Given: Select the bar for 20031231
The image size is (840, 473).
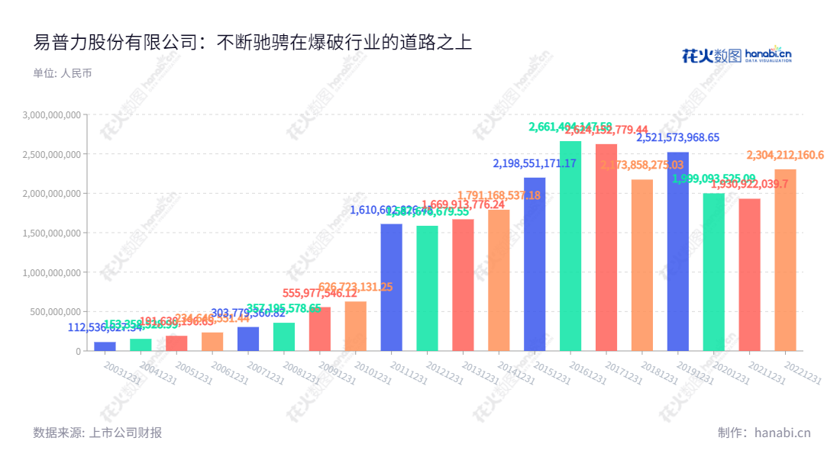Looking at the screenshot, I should tap(105, 346).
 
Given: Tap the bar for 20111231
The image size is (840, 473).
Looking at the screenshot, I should tap(392, 287).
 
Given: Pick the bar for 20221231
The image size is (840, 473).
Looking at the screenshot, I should tap(785, 260).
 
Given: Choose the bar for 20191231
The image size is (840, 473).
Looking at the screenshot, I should tap(678, 251).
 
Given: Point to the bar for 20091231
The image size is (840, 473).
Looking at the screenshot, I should tap(320, 329).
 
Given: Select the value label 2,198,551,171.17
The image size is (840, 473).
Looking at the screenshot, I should tap(535, 163).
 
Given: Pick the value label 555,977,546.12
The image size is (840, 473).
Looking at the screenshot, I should tap(320, 293).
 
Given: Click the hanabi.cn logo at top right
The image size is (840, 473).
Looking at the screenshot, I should tap(736, 54).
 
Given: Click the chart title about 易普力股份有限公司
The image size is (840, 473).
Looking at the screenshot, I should tap(253, 42).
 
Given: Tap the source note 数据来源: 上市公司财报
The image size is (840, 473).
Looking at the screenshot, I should tap(98, 433).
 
